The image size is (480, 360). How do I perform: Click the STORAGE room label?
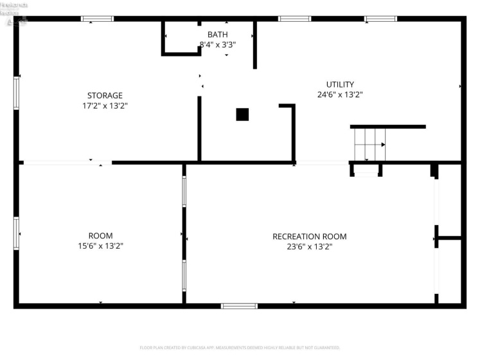coord(105,96)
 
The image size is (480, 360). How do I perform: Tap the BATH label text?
coord(217,34)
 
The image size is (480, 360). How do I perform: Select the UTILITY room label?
coord(340,84)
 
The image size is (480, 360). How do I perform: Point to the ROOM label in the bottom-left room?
coord(100,236)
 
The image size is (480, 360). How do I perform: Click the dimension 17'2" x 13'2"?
coord(105,106)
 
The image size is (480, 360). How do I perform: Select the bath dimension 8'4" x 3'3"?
coord(217,45)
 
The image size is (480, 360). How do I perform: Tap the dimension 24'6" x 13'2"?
coord(340,94)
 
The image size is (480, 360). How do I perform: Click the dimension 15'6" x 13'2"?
coord(100,246)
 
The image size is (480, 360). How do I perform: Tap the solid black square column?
coord(242,114)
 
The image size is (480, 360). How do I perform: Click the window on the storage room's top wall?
coord(97,19)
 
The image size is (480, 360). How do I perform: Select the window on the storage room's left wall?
coord(17,93)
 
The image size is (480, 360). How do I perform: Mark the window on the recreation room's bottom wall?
coord(239,306)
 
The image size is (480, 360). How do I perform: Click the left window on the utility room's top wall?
coord(295,19)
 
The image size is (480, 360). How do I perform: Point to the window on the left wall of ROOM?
coord(17,233)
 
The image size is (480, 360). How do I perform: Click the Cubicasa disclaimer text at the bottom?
coord(240,348)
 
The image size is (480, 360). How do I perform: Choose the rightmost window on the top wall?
coord(380,19)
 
